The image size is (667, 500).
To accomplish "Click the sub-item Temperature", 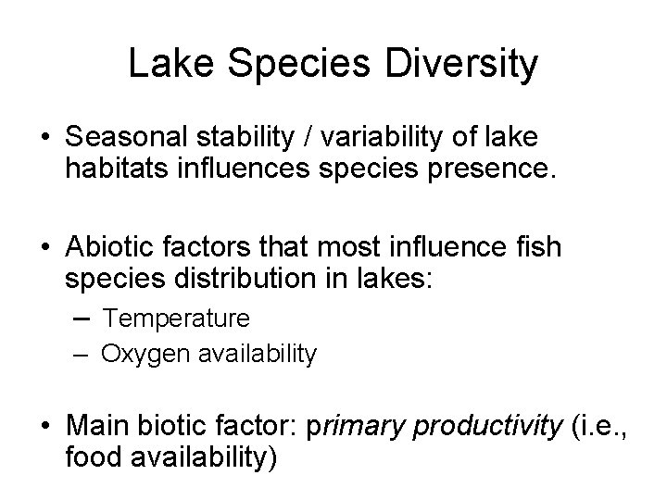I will [176, 319].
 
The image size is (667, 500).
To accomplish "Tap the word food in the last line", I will [93, 456].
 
